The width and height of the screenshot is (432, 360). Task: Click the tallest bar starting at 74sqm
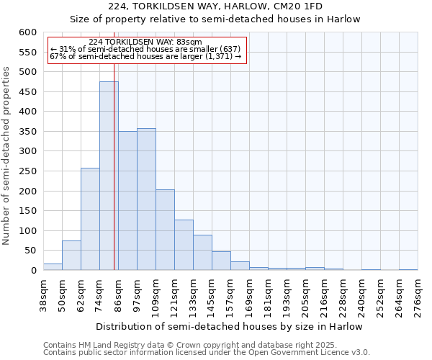click(x=109, y=176)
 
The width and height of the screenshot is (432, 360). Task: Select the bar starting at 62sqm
click(x=90, y=219)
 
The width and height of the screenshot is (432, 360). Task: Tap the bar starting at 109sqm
click(x=165, y=230)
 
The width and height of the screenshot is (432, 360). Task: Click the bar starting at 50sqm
click(x=71, y=256)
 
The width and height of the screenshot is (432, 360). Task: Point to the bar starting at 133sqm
click(x=202, y=253)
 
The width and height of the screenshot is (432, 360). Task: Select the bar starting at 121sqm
click(x=184, y=245)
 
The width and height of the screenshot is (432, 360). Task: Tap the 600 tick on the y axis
click(x=27, y=32)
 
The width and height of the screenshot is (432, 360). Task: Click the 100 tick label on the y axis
click(x=27, y=231)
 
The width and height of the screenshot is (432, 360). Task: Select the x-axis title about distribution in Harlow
click(x=230, y=326)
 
